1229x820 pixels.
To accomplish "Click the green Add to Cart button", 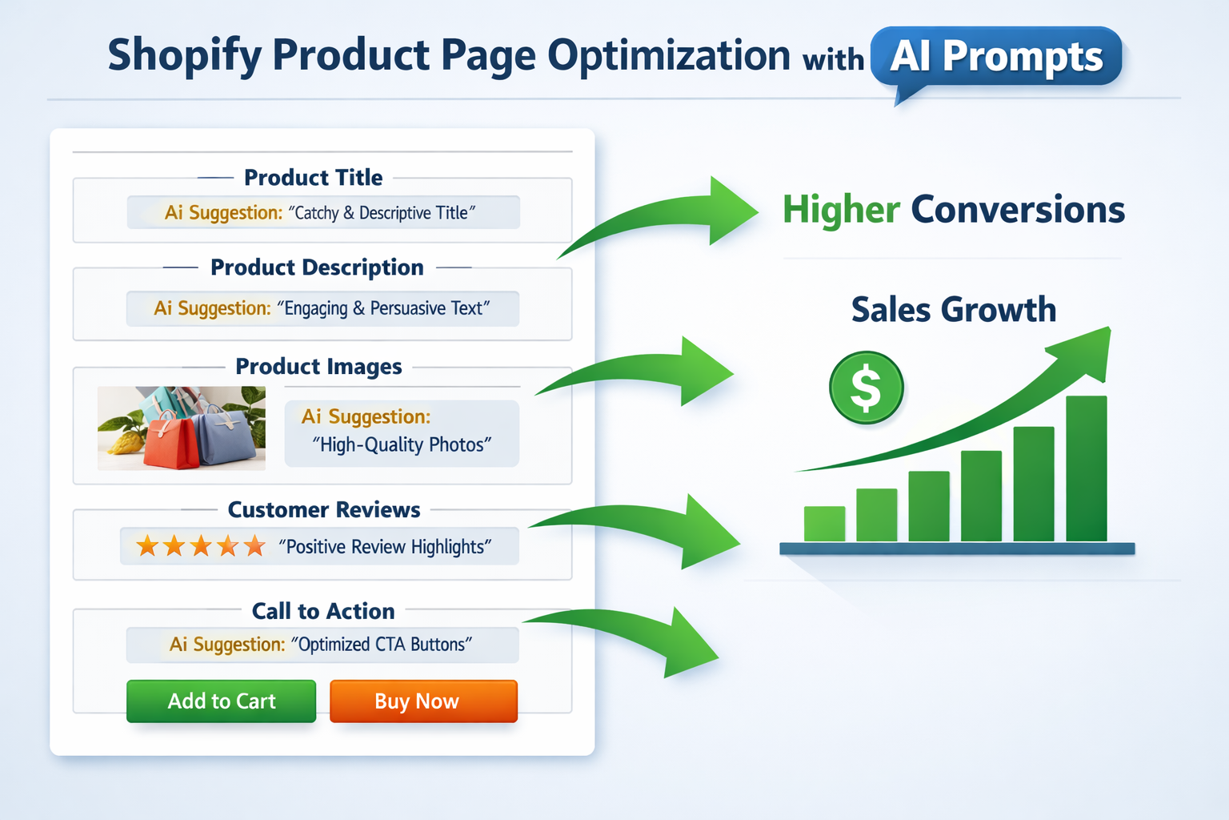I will coord(221,701).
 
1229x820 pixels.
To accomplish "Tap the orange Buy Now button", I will coord(423,701).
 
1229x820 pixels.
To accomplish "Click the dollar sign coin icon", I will coord(866,388).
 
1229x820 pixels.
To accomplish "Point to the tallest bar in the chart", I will coord(1086,468).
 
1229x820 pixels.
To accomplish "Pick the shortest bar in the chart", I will coord(824,524).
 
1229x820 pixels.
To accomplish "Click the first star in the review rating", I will coord(147,547).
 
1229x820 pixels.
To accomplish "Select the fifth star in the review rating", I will coord(254,547).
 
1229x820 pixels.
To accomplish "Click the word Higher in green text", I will coord(841,210).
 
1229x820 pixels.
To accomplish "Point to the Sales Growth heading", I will coord(953,310).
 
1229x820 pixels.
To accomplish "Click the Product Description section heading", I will coord(317,267).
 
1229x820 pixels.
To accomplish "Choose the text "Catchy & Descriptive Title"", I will coord(382,213).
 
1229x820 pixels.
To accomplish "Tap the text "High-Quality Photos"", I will coord(402,444).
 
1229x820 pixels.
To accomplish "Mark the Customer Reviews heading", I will coord(324,510).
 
